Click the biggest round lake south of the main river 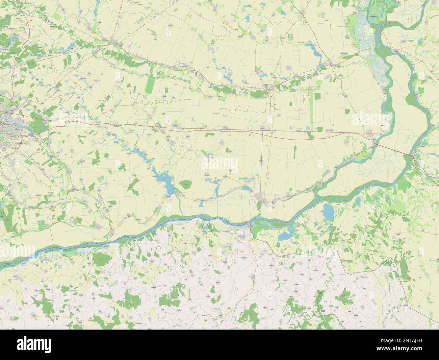click(327, 212)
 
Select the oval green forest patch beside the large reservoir click(186, 185)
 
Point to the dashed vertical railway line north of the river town click(262, 162)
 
